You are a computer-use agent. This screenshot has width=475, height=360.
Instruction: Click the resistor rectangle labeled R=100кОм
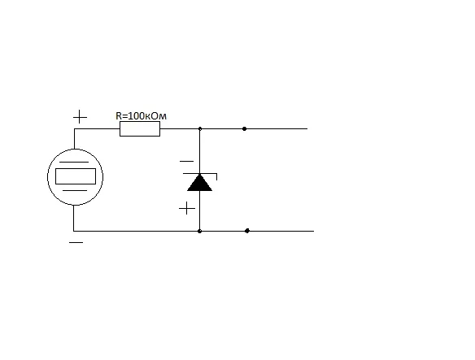140,129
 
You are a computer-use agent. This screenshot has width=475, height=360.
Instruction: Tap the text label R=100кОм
142,116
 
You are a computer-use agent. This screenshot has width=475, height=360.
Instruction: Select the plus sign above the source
80,117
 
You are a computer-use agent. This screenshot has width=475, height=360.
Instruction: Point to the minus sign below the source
76,242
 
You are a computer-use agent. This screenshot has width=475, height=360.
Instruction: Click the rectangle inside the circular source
76,176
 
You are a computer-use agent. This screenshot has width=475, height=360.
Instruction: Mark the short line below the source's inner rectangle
75,191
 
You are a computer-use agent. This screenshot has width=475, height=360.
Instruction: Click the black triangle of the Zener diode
199,183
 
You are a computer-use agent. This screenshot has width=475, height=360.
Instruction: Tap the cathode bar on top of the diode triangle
200,174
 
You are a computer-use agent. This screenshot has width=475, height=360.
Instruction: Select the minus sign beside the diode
186,162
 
